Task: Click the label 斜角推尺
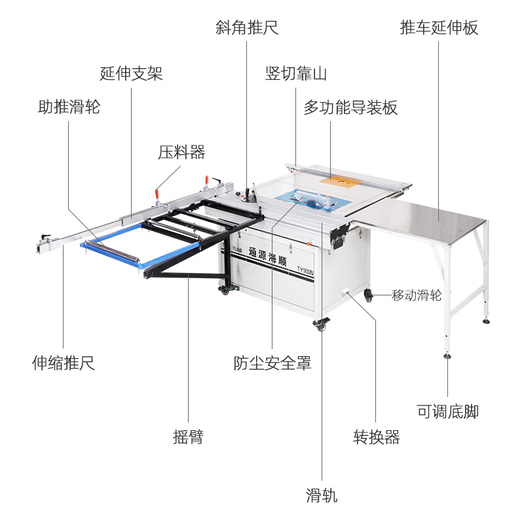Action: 247,28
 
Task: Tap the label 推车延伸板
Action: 439,28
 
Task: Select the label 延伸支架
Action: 131,73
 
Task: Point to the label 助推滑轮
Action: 69,107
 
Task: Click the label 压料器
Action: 181,153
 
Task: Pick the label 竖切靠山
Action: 295,73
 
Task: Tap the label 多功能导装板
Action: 350,107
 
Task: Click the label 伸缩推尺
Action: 64,362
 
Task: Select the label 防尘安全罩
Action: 272,362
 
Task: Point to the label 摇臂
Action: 188,438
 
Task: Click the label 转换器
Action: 377,438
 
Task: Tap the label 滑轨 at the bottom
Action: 322,495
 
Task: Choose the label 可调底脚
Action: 448,411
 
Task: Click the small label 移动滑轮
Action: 417,295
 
